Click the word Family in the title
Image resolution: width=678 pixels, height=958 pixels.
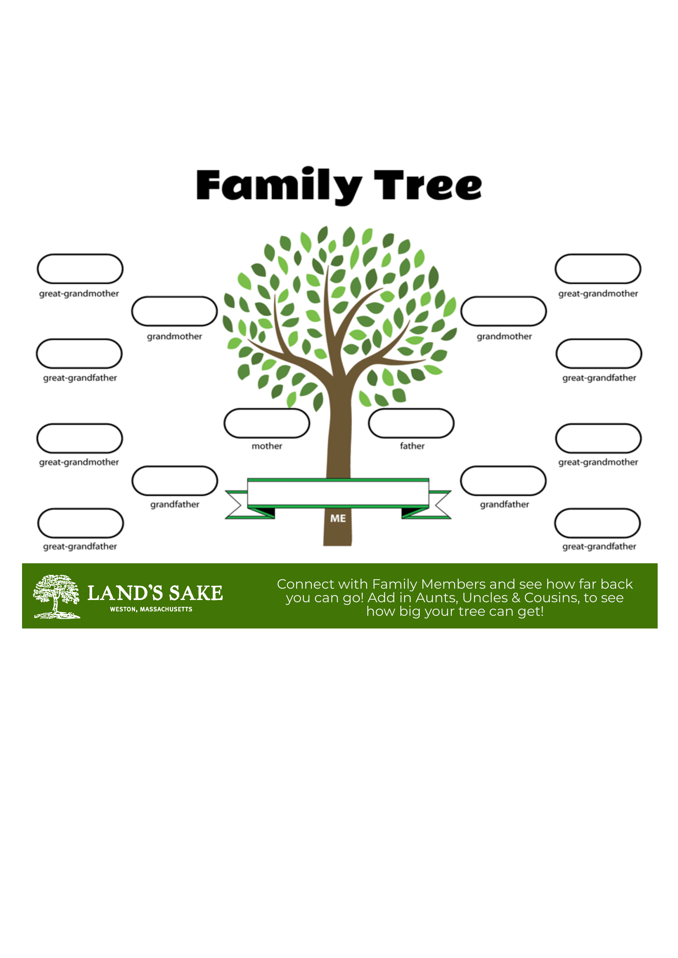pos(279,186)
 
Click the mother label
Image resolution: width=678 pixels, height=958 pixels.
pos(267,446)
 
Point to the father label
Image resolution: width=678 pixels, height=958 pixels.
pos(412,446)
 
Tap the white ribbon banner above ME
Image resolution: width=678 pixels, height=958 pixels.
pos(338,493)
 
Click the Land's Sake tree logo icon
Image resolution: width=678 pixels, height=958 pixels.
pos(57,596)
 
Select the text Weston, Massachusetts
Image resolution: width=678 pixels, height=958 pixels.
pos(151,609)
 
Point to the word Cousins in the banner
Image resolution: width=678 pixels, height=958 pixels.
pos(552,598)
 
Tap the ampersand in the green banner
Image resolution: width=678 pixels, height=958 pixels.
pos(516,598)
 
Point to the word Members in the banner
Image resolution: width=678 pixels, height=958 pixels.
pos(453,584)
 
